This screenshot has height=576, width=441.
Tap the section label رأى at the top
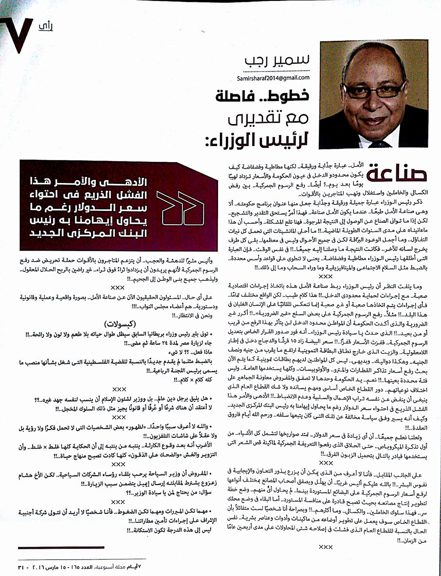pos(45,26)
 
